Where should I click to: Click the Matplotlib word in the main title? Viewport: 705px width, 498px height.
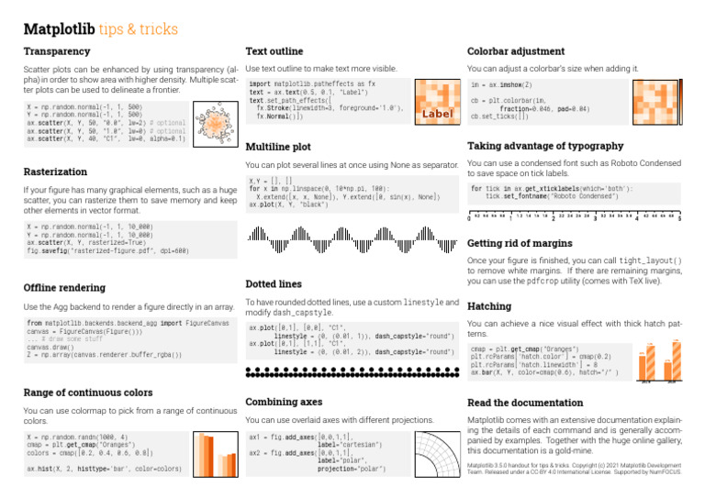tap(61, 29)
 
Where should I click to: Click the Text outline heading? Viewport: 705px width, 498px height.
tap(276, 51)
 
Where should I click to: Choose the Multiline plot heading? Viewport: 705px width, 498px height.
tap(281, 146)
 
